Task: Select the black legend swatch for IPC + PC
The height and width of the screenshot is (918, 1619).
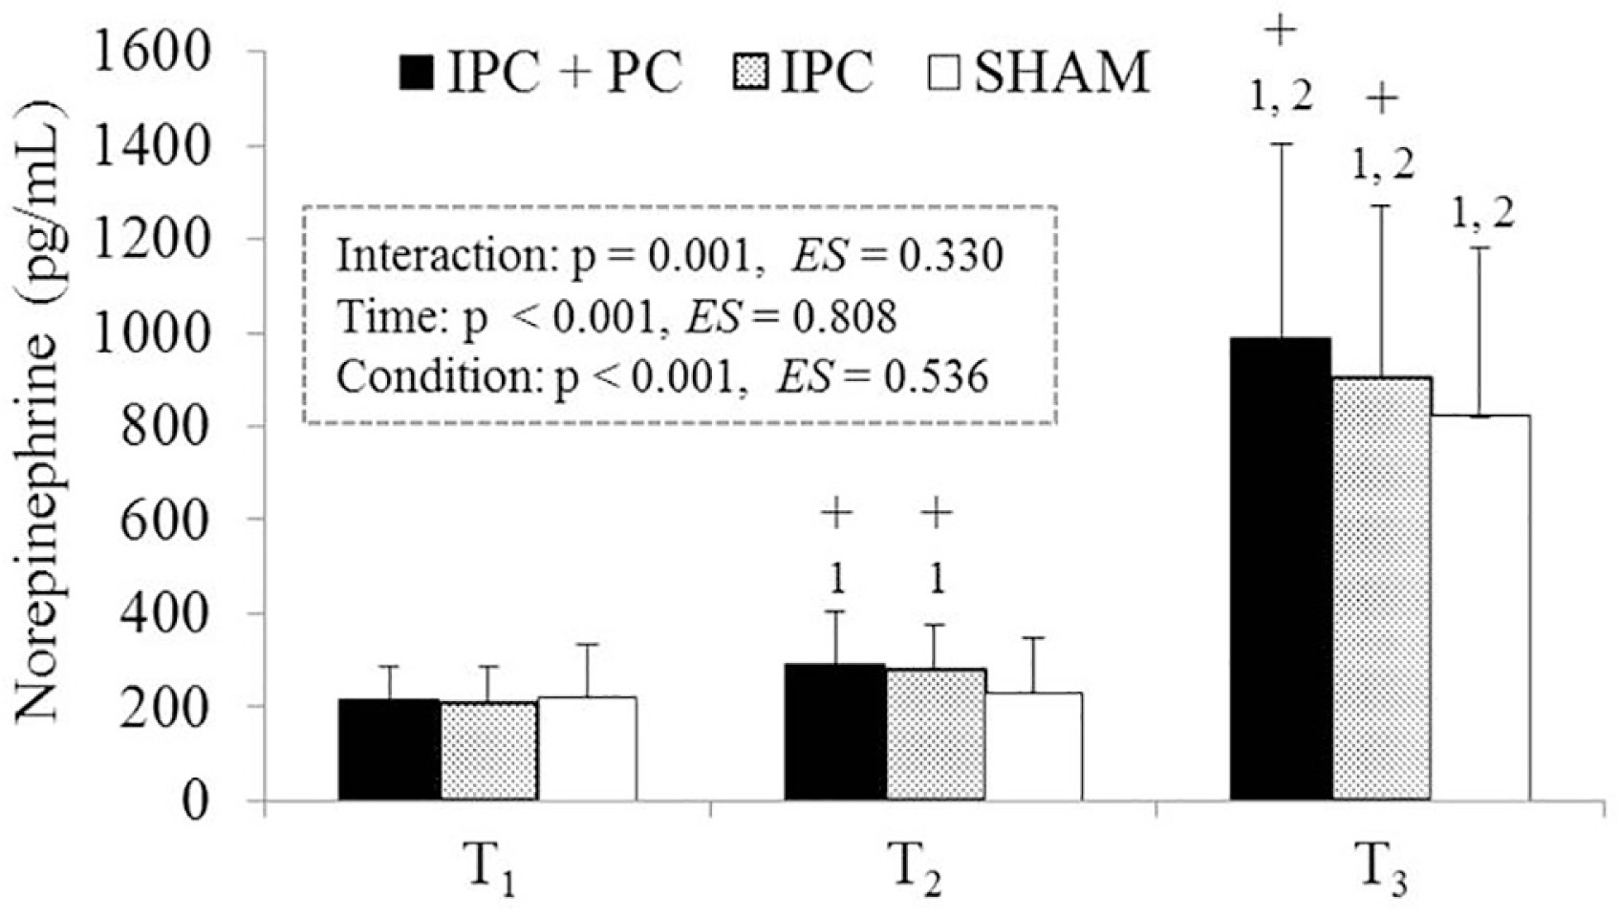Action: (418, 74)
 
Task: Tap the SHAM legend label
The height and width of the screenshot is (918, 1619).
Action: (1061, 73)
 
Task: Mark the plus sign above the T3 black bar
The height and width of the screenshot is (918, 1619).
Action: (1280, 31)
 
